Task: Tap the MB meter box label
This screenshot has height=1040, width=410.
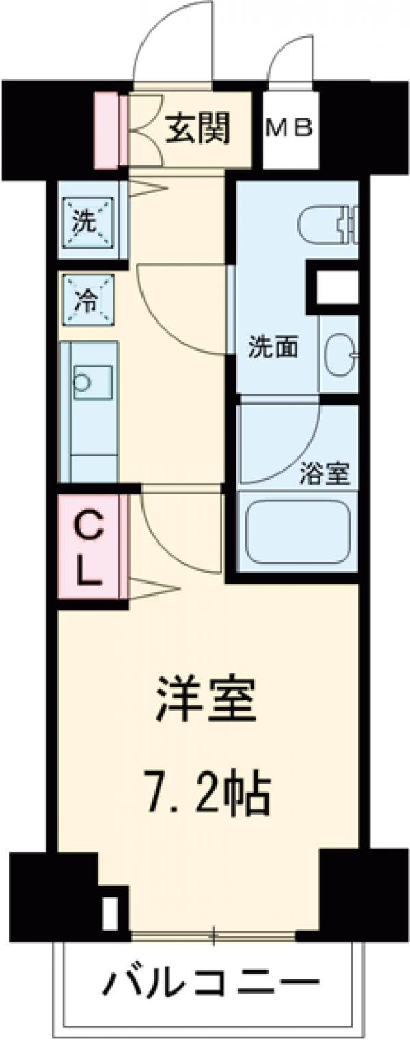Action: pyautogui.click(x=289, y=128)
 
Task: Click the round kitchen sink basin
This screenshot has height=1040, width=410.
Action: pyautogui.click(x=83, y=383)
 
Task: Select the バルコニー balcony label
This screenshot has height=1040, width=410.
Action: pyautogui.click(x=212, y=984)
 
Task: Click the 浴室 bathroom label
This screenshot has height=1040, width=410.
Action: pyautogui.click(x=325, y=474)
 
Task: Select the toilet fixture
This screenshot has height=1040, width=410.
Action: pyautogui.click(x=328, y=221)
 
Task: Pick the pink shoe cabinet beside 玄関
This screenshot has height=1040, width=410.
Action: pyautogui.click(x=106, y=130)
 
